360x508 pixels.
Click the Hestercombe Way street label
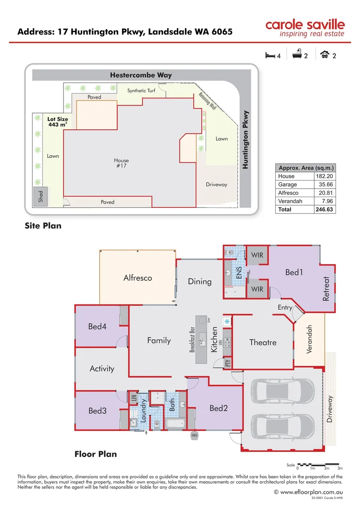(141, 75)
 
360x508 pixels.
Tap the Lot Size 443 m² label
(57, 122)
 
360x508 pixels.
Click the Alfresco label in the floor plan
(137, 278)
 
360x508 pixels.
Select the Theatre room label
(263, 342)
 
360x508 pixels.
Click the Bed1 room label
(294, 272)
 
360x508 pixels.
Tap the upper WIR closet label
(257, 255)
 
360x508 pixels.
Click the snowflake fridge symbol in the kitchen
(227, 322)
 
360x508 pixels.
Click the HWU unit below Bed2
(194, 435)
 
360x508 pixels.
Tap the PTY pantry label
(228, 363)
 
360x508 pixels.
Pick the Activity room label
(102, 368)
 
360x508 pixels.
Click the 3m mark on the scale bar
(340, 468)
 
